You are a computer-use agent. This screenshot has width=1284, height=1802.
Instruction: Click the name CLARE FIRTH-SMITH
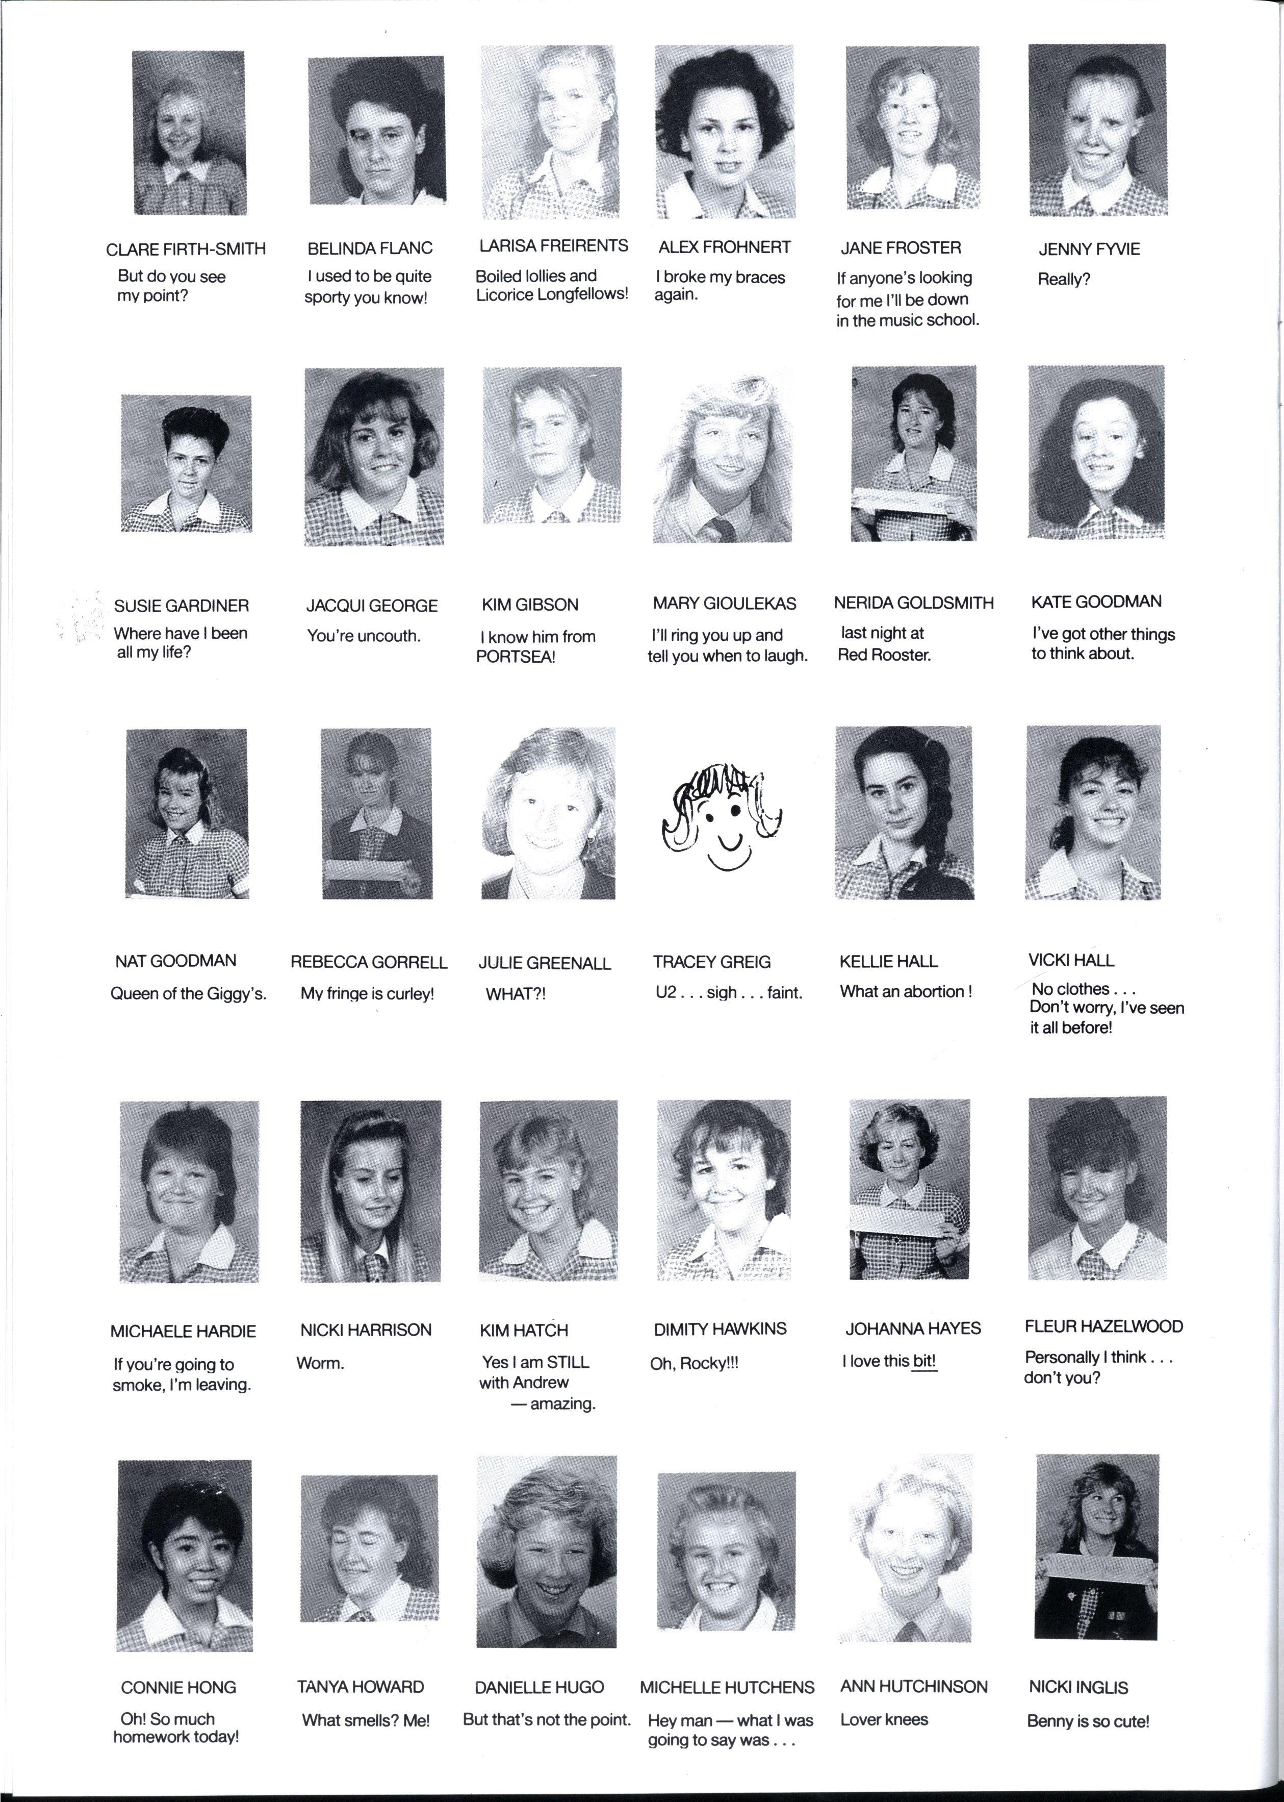click(x=186, y=249)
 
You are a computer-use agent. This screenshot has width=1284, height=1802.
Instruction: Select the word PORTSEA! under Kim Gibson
click(x=516, y=657)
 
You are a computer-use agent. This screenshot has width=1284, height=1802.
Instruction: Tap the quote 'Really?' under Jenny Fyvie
click(x=1063, y=279)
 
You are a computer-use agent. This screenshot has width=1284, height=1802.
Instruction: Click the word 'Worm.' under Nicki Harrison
click(x=320, y=1363)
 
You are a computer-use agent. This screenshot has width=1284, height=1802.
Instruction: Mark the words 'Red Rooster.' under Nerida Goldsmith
click(x=884, y=655)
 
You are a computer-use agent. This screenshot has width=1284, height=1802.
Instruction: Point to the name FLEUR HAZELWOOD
click(x=1103, y=1327)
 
